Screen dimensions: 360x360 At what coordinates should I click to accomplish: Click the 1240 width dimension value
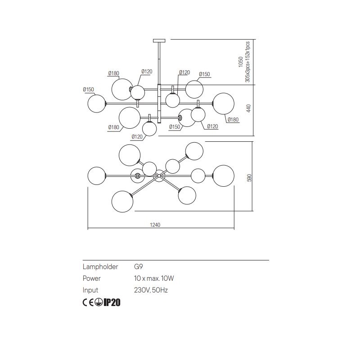point(155,225)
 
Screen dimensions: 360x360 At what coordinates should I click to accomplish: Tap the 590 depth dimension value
point(249,178)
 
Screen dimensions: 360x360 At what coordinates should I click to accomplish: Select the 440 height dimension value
point(249,108)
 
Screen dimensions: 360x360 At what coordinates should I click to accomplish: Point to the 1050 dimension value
point(241,62)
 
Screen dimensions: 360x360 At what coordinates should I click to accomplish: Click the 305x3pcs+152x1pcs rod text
point(247,62)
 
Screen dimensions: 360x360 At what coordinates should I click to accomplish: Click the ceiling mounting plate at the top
point(159,40)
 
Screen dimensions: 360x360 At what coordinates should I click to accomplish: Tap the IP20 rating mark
point(112,302)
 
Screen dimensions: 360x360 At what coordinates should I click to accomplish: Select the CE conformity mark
point(88,302)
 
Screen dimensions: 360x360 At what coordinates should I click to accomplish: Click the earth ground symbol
point(99,302)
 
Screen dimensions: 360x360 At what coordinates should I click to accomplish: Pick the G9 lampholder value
point(139,266)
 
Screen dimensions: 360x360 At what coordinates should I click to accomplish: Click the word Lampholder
point(100,266)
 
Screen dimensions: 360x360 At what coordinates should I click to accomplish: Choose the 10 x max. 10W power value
point(154,278)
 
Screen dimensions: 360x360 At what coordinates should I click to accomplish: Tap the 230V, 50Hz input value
point(151,290)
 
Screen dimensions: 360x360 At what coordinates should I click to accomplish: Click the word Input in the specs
point(90,290)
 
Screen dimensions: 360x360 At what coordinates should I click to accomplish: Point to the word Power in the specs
point(92,278)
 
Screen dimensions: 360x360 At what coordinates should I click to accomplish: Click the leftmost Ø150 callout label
point(88,89)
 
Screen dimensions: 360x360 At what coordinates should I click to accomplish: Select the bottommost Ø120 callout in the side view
point(137,137)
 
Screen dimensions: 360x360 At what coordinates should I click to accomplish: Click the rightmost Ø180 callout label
point(233,120)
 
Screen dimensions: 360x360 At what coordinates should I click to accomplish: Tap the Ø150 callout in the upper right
point(204,74)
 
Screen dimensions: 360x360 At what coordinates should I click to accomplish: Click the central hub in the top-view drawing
point(159,176)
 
